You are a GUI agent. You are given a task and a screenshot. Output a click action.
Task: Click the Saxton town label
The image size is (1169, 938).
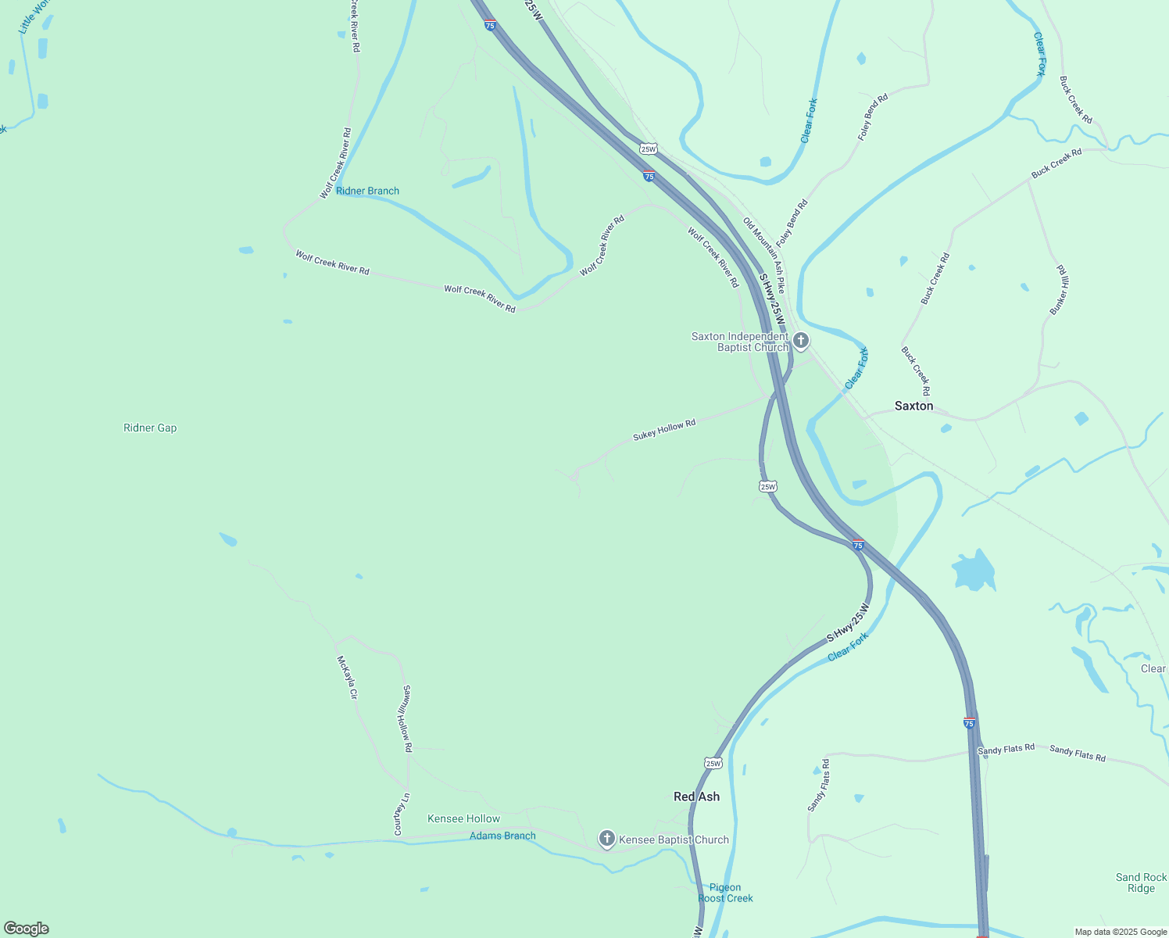point(913,406)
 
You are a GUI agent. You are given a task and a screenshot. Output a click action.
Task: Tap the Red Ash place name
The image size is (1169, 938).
point(696,797)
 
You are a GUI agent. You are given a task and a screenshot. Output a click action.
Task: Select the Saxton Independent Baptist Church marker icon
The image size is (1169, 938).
point(800,341)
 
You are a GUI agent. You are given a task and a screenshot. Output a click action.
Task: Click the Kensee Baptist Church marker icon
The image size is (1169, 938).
point(606,840)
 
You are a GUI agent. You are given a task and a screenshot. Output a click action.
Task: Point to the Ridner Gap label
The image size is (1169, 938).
point(150,428)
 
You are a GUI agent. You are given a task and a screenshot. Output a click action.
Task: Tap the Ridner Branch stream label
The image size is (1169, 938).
point(367,191)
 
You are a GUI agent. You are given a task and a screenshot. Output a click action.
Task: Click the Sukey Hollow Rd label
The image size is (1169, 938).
point(664,429)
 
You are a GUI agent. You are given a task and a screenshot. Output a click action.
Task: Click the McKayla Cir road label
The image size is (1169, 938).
point(347,677)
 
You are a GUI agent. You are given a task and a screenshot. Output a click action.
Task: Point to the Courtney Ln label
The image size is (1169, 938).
point(402,814)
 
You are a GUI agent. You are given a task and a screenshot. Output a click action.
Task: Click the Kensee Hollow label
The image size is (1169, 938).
point(463,818)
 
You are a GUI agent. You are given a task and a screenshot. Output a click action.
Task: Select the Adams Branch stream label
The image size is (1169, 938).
point(502,836)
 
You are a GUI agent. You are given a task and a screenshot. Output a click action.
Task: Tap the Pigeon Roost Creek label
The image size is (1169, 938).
point(725,893)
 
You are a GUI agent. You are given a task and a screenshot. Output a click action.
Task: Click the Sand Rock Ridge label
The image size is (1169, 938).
point(1141,883)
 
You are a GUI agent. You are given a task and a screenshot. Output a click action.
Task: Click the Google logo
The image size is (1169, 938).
point(27,929)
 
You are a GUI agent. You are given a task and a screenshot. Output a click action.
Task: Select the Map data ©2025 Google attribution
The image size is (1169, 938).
point(1120,932)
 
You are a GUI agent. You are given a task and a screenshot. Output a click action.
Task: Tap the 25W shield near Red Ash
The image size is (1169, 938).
point(713,763)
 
